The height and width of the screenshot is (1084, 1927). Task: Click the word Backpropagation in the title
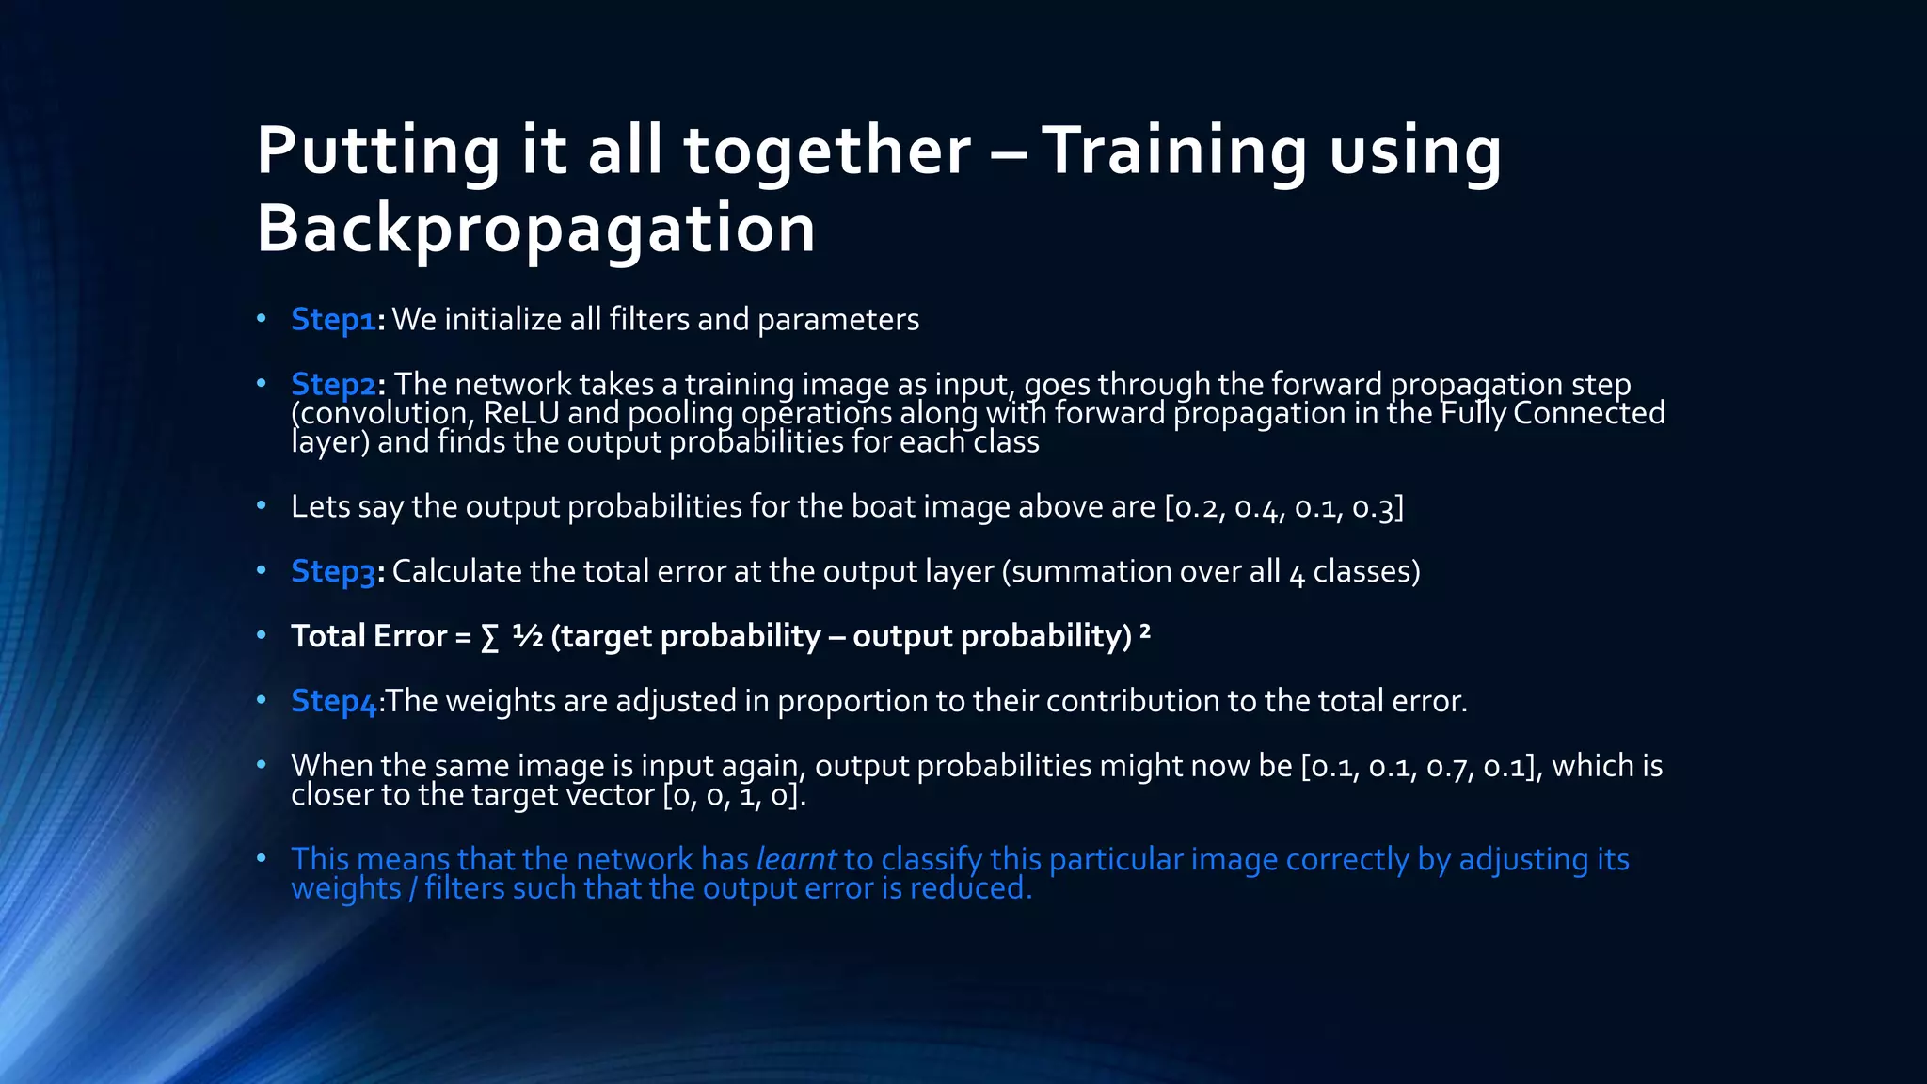tap(535, 229)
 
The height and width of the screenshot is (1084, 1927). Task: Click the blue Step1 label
tap(333, 320)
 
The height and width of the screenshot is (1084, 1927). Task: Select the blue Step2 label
tap(333, 385)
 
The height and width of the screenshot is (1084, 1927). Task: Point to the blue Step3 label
tap(333, 572)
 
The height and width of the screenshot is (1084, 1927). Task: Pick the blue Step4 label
tap(333, 702)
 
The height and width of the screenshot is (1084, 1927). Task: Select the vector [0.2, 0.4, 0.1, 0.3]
tap(1283, 507)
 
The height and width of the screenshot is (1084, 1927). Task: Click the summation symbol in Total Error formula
tap(489, 638)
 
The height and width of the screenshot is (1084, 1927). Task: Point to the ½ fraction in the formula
tap(528, 637)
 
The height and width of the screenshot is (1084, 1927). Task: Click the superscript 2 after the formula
tap(1145, 630)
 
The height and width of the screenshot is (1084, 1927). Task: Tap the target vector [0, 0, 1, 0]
tap(733, 795)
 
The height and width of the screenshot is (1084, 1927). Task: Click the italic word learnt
tap(796, 859)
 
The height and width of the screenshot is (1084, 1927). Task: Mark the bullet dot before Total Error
tap(262, 636)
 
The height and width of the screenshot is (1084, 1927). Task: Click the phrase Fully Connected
tap(1553, 413)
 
